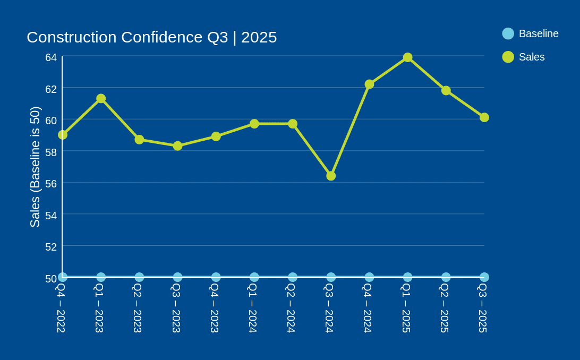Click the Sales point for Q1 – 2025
point(407,57)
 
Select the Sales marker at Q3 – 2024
point(331,176)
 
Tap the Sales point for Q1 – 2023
point(101,99)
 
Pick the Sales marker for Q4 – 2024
point(369,84)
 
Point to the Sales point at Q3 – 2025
point(484,117)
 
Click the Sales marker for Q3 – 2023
point(177,146)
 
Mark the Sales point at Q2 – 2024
point(293,124)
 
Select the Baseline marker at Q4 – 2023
point(216,277)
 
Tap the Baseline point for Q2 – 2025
point(446,277)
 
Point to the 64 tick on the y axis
point(51,57)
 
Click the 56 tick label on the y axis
point(51,184)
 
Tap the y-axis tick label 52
point(51,247)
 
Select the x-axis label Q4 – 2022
point(61,308)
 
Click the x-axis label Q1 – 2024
point(253,308)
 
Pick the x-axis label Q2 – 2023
point(138,308)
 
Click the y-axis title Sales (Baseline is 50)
point(35,167)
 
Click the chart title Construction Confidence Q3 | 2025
point(151,37)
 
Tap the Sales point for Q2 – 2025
point(446,91)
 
